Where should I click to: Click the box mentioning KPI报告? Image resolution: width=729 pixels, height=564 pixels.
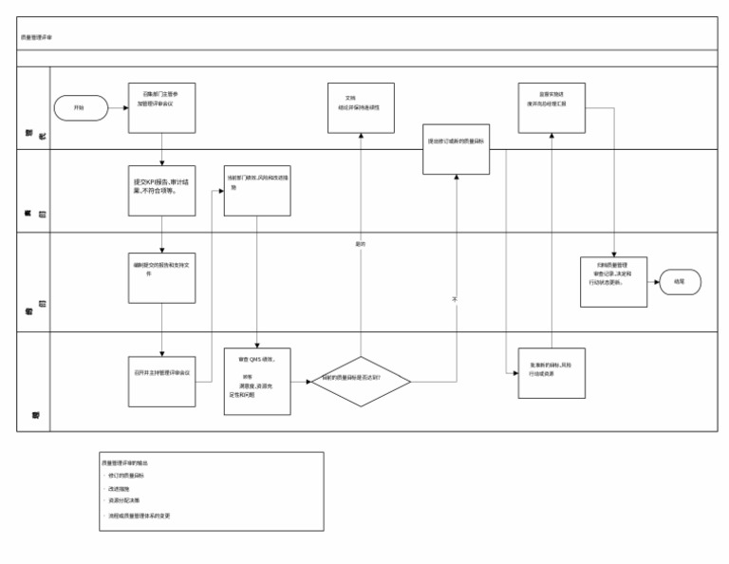[x=161, y=191]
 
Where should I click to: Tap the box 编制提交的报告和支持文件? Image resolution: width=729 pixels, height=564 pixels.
[x=161, y=276]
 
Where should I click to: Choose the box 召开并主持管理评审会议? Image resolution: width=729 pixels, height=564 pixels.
[x=161, y=372]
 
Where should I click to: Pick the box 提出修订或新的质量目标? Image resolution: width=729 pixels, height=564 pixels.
[x=457, y=148]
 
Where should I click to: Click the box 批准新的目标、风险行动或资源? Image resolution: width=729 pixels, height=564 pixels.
[x=551, y=370]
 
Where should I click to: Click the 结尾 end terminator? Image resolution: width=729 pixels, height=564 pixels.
[x=679, y=281]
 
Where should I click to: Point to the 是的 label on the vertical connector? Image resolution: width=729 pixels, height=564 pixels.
[x=361, y=244]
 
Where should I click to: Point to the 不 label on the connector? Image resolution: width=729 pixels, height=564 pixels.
[x=456, y=298]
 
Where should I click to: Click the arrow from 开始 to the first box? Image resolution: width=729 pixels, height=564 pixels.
[x=117, y=108]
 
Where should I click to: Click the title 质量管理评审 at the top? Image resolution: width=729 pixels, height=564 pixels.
[x=37, y=38]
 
